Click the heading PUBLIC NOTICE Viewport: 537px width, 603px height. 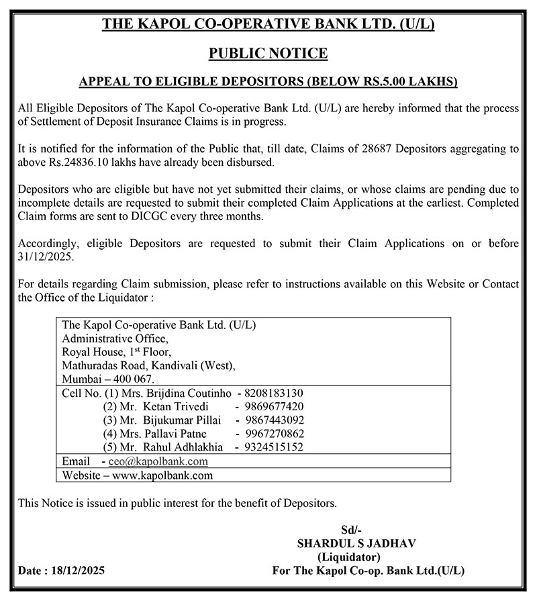point(268,53)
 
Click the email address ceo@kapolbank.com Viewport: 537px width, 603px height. point(158,461)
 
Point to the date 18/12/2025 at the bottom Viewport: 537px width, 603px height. point(76,571)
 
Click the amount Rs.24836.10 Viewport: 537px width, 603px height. point(75,163)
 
